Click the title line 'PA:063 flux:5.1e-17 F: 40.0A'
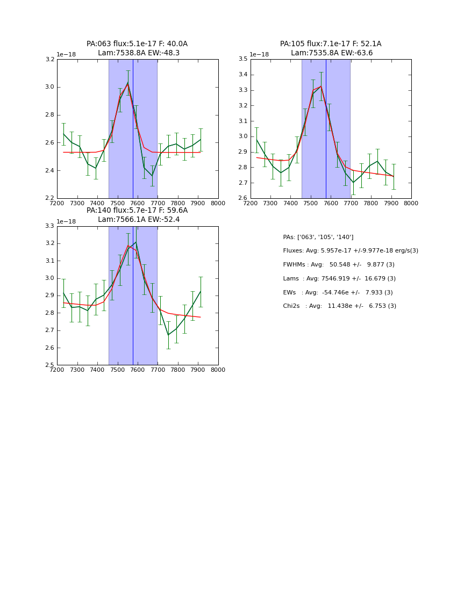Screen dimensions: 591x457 pyautogui.click(x=137, y=44)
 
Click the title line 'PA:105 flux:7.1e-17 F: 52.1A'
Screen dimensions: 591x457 pyautogui.click(x=331, y=44)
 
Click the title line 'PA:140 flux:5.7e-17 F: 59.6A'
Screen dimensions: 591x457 pyautogui.click(x=137, y=211)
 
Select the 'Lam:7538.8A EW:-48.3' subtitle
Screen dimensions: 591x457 pyautogui.click(x=139, y=53)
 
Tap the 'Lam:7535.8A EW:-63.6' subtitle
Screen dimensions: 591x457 pyautogui.click(x=332, y=53)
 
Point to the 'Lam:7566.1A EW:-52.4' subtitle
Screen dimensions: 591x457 pyautogui.click(x=139, y=220)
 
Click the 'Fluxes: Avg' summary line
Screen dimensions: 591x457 pyautogui.click(x=350, y=251)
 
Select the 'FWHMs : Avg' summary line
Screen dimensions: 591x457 pyautogui.click(x=338, y=265)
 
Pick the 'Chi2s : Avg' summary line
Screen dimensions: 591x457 pyautogui.click(x=339, y=306)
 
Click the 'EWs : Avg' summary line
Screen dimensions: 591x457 pyautogui.click(x=338, y=293)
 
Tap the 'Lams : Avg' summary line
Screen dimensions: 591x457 pyautogui.click(x=339, y=279)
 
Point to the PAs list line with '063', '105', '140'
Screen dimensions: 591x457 pyautogui.click(x=318, y=237)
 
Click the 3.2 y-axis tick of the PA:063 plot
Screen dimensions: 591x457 pyautogui.click(x=49, y=59)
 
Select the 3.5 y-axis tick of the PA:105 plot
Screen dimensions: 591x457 pyautogui.click(x=243, y=59)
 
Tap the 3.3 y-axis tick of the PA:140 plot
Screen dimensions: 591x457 pyautogui.click(x=49, y=226)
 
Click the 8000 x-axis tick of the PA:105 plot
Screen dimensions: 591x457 pyautogui.click(x=411, y=204)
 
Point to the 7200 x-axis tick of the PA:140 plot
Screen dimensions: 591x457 pyautogui.click(x=57, y=370)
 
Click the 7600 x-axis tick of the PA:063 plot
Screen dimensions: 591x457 pyautogui.click(x=138, y=204)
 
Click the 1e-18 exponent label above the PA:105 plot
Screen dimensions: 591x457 pyautogui.click(x=259, y=54)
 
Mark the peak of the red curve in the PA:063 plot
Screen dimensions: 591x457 pyautogui.click(x=128, y=84)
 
